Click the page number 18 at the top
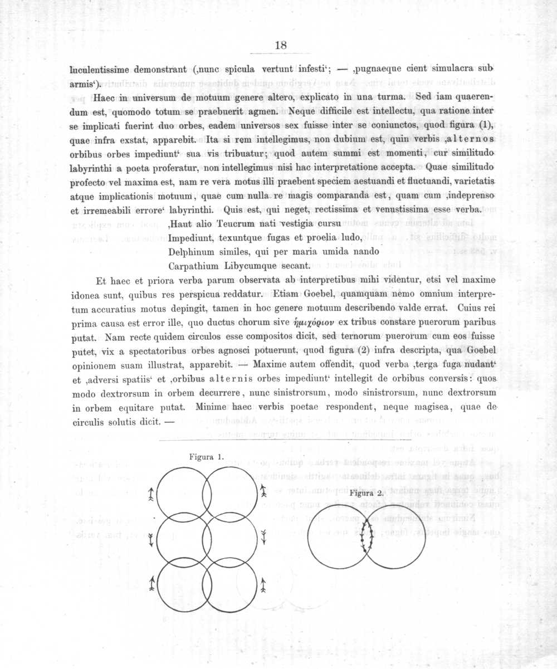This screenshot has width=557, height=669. point(281,46)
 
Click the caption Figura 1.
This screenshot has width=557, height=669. point(206,457)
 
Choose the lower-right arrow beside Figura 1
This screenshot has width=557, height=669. point(263,583)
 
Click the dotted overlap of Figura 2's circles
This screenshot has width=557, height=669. point(367,536)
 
